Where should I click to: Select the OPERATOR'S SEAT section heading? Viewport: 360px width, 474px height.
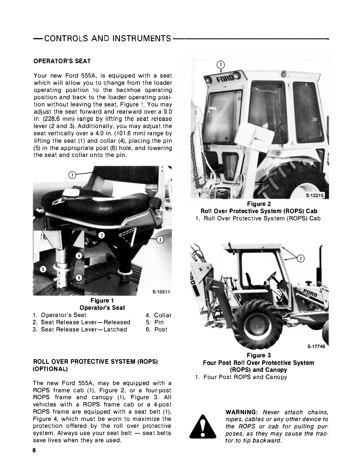[x=62, y=61]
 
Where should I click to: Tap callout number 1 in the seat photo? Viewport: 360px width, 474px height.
[x=72, y=175]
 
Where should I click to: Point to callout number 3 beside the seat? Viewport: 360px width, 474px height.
[x=161, y=239]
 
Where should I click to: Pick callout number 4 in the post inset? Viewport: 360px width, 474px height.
[x=80, y=256]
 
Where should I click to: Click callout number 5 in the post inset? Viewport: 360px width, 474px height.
[x=43, y=269]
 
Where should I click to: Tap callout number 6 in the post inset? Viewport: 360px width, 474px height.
[x=80, y=278]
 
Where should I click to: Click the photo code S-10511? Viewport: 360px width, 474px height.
[x=161, y=292]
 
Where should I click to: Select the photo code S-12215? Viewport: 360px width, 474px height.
[x=315, y=196]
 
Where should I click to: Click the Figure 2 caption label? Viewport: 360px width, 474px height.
[x=259, y=204]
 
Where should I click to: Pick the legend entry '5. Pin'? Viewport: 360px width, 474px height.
[x=155, y=322]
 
